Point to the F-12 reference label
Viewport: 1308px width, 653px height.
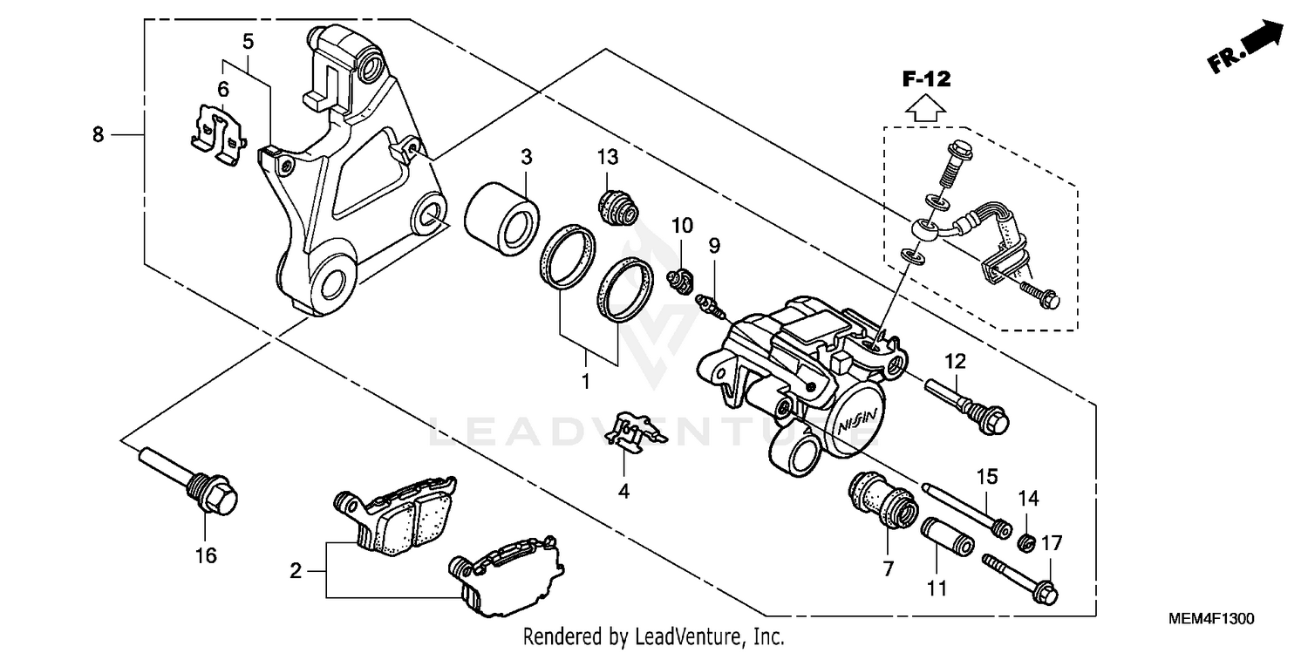[925, 79]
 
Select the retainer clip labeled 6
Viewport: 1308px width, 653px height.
[217, 132]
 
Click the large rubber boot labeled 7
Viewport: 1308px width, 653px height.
[882, 500]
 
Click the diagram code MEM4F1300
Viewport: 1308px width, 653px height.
[1211, 619]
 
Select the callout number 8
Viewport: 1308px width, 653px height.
[98, 134]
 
